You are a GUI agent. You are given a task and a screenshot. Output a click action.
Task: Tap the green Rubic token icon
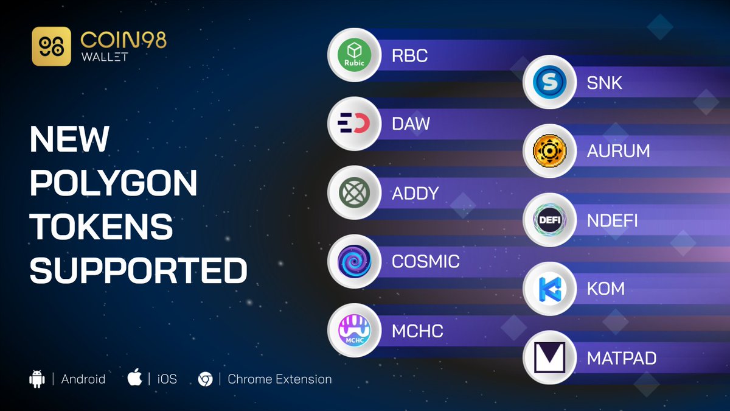pos(354,55)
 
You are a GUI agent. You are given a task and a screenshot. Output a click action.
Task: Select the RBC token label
pos(409,56)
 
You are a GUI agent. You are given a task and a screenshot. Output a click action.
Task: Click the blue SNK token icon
pos(549,82)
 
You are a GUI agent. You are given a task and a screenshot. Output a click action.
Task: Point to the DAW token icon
pos(354,124)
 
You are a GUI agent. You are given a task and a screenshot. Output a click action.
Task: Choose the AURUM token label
pos(618,151)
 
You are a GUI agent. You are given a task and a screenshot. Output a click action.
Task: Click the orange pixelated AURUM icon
pos(549,150)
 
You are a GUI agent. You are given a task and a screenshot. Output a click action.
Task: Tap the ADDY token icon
pos(354,192)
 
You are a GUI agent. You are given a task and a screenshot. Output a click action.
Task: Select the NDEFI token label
pos(612,220)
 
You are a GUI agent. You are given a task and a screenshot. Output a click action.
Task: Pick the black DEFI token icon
pos(549,219)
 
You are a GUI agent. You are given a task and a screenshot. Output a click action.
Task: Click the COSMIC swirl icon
pos(354,261)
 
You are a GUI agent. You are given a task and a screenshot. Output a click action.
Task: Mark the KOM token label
pos(605,288)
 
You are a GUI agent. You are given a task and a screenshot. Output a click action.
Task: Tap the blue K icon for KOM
pos(549,288)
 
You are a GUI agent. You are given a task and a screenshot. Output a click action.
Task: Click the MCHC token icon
pos(354,330)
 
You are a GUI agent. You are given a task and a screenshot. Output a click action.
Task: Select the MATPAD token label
pos(621,357)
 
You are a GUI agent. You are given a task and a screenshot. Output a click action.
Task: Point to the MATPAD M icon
pos(549,357)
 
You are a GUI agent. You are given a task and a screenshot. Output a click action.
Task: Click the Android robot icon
pos(37,378)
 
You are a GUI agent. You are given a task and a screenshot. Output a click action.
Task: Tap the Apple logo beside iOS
pos(134,378)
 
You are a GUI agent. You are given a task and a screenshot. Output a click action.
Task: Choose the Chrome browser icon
pos(205,379)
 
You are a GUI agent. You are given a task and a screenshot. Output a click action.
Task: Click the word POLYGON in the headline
pos(113,184)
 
